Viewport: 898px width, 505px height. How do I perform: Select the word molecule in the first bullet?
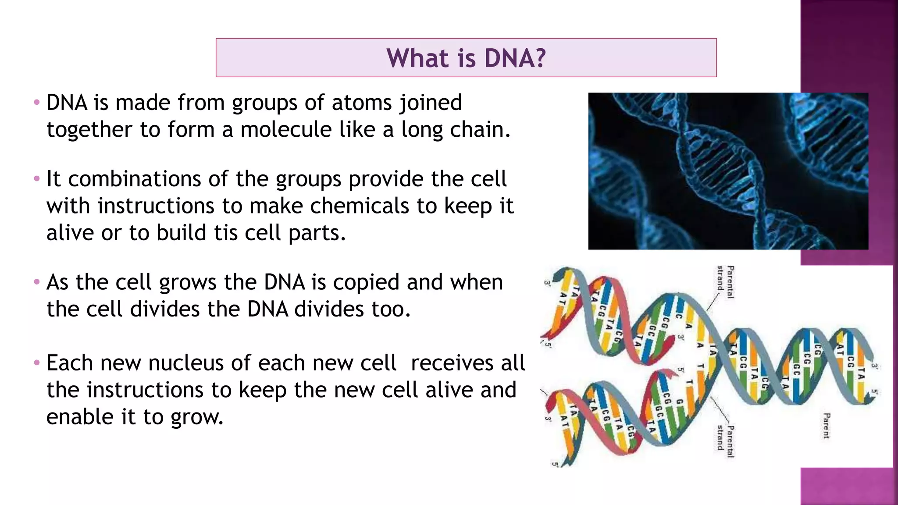coord(286,130)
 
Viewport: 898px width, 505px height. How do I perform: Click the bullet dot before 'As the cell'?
coord(37,281)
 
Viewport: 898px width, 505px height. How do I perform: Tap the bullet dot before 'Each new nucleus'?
coord(37,363)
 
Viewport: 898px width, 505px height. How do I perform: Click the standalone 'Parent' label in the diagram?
coord(826,425)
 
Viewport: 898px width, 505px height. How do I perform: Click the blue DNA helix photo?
coord(728,171)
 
